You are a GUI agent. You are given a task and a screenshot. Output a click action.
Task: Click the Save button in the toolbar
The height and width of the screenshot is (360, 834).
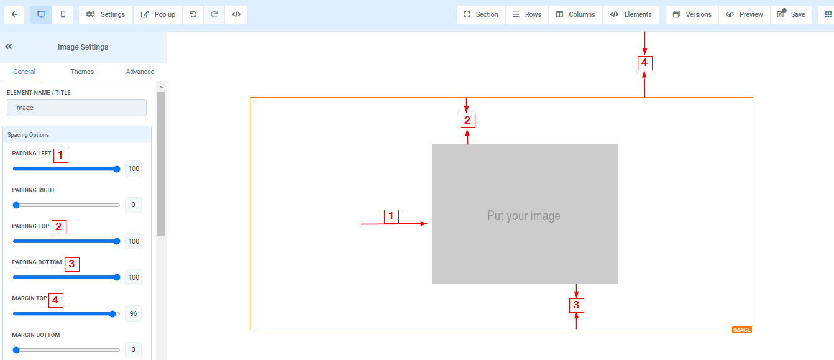791,14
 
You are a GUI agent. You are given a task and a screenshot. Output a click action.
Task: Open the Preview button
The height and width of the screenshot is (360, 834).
745,14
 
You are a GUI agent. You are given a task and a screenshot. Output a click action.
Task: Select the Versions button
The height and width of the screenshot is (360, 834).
692,14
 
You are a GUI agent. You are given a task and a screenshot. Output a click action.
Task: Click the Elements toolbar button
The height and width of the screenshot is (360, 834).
631,14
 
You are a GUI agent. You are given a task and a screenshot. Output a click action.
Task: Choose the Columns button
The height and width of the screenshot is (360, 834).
575,14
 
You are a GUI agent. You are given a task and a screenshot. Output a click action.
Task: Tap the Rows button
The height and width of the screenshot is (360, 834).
527,14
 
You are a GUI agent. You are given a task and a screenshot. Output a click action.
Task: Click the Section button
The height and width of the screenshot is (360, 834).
480,14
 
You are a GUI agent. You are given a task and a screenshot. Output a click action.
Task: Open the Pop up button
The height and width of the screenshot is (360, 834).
158,14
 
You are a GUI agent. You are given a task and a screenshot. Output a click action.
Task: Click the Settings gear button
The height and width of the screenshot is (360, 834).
106,14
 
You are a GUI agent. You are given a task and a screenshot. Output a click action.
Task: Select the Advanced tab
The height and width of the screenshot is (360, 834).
140,72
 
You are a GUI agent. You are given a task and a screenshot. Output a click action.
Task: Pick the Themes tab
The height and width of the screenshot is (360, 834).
82,72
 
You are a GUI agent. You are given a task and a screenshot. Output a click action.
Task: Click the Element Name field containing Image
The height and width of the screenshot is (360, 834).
76,108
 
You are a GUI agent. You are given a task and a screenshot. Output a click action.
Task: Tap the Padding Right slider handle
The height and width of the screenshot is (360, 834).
16,205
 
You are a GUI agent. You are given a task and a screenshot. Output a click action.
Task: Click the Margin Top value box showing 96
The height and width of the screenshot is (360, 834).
133,313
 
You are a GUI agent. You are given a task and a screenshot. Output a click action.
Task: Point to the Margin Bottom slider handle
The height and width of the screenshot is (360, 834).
16,350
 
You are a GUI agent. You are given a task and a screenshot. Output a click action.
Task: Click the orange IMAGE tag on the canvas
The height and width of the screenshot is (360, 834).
741,330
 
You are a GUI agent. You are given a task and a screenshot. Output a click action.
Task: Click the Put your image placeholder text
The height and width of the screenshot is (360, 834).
524,216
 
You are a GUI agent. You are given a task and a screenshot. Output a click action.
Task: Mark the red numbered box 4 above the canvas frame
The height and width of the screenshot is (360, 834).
645,63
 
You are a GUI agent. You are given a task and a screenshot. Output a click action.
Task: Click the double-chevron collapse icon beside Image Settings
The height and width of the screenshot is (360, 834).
9,47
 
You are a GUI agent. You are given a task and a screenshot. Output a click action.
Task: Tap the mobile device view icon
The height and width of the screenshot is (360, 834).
63,14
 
